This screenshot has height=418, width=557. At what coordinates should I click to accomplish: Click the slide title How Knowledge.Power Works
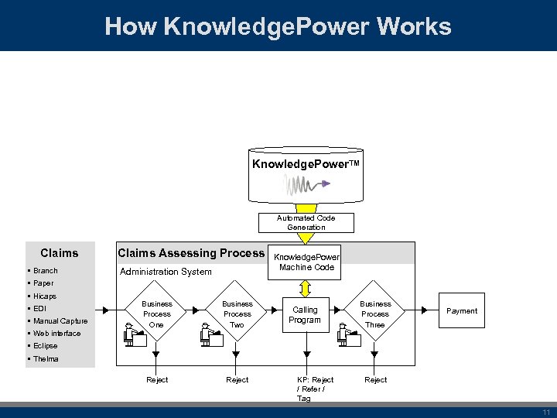278,26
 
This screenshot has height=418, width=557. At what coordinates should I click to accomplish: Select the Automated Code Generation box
306,223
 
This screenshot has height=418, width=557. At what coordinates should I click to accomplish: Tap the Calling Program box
305,315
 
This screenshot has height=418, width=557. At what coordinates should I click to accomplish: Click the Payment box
462,311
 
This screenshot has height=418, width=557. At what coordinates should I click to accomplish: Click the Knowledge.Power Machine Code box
306,262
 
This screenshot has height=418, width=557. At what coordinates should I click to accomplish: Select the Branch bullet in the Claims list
45,271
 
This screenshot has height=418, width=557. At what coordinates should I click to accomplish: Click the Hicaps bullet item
44,296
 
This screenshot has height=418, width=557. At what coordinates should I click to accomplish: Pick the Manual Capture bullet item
60,321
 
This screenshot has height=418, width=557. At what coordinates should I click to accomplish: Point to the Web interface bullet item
56,334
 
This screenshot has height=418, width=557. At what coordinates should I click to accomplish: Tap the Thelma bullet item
46,359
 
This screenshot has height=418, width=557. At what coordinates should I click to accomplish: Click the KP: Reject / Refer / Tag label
315,389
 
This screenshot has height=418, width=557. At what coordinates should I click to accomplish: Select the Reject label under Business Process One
157,380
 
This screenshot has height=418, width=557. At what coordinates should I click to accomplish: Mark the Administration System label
166,272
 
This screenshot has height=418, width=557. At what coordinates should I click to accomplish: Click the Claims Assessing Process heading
190,253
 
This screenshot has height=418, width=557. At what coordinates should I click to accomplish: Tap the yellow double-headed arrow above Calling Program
306,287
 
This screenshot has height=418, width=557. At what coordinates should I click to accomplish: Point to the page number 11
546,413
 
